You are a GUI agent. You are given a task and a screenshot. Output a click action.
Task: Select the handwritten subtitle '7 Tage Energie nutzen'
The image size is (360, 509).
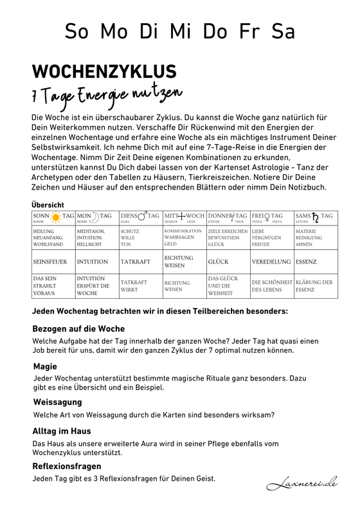coord(107,96)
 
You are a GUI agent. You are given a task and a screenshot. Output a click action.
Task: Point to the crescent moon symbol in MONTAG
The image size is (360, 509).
coord(95,216)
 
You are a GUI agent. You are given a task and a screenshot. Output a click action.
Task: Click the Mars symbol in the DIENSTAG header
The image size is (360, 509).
coord(141,217)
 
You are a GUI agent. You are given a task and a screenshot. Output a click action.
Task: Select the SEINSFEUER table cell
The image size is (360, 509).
coord(53,262)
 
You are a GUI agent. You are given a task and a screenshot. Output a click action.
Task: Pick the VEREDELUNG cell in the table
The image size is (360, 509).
coord(272,262)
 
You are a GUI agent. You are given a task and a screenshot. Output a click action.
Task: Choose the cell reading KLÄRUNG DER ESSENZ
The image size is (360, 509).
coord(314,285)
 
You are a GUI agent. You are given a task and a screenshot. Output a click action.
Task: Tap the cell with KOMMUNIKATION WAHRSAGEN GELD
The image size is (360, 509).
coord(184,237)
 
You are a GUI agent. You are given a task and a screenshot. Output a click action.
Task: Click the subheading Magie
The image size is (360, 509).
coord(45,366)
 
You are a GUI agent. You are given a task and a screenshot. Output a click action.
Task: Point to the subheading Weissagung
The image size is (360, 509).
coord(57,401)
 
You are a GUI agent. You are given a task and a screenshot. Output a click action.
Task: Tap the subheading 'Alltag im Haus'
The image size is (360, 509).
coord(62,431)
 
